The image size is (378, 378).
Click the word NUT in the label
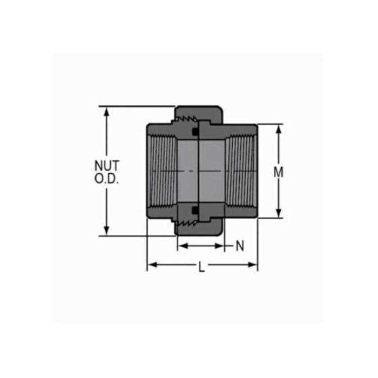pos(107,166)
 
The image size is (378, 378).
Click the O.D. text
pos(106,179)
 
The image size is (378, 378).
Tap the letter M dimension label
pos(279,172)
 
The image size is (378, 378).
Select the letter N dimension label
pos(240,246)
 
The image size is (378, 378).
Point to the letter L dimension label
pos(201,267)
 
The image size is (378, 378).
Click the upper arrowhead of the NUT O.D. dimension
pos(106,112)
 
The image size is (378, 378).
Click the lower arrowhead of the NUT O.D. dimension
pos(106,231)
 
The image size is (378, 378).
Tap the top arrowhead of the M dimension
pos(279,130)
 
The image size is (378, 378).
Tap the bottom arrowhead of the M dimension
pos(279,213)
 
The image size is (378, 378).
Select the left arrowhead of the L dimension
pos(152,265)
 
